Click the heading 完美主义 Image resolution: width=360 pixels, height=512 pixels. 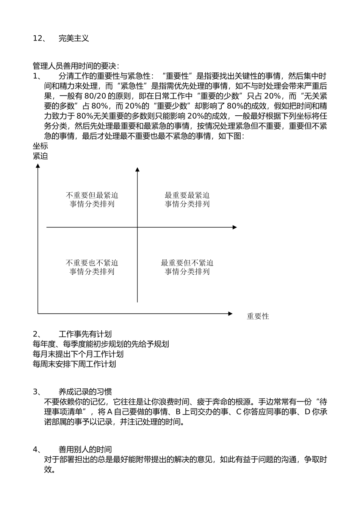tap(74, 38)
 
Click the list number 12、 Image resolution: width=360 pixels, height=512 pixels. tap(40, 38)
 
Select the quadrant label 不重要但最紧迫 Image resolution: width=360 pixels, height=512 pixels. tap(92, 195)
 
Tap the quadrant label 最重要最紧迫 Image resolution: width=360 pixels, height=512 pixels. tap(187, 195)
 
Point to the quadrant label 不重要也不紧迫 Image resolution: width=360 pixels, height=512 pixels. tap(92, 263)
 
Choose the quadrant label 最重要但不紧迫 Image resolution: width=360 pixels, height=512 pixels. tap(187, 263)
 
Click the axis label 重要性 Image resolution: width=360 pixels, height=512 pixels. tap(258, 316)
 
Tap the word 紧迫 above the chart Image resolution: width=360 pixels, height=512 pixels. tap(41, 156)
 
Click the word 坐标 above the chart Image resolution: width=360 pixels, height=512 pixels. tap(41, 146)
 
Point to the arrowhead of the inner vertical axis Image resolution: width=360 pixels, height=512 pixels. tap(137, 169)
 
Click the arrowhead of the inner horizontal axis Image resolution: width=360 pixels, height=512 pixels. tap(235, 227)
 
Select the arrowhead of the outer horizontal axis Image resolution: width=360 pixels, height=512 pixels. tap(230, 314)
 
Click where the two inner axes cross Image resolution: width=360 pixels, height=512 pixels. tap(137, 227)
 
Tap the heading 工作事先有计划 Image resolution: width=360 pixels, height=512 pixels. tap(85, 334)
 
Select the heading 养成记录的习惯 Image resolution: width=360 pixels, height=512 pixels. tap(85, 392)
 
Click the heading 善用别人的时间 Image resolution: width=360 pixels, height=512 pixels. tap(85, 449)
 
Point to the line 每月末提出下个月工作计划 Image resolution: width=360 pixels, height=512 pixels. tap(78, 354)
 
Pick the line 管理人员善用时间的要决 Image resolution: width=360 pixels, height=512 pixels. tap(76, 66)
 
